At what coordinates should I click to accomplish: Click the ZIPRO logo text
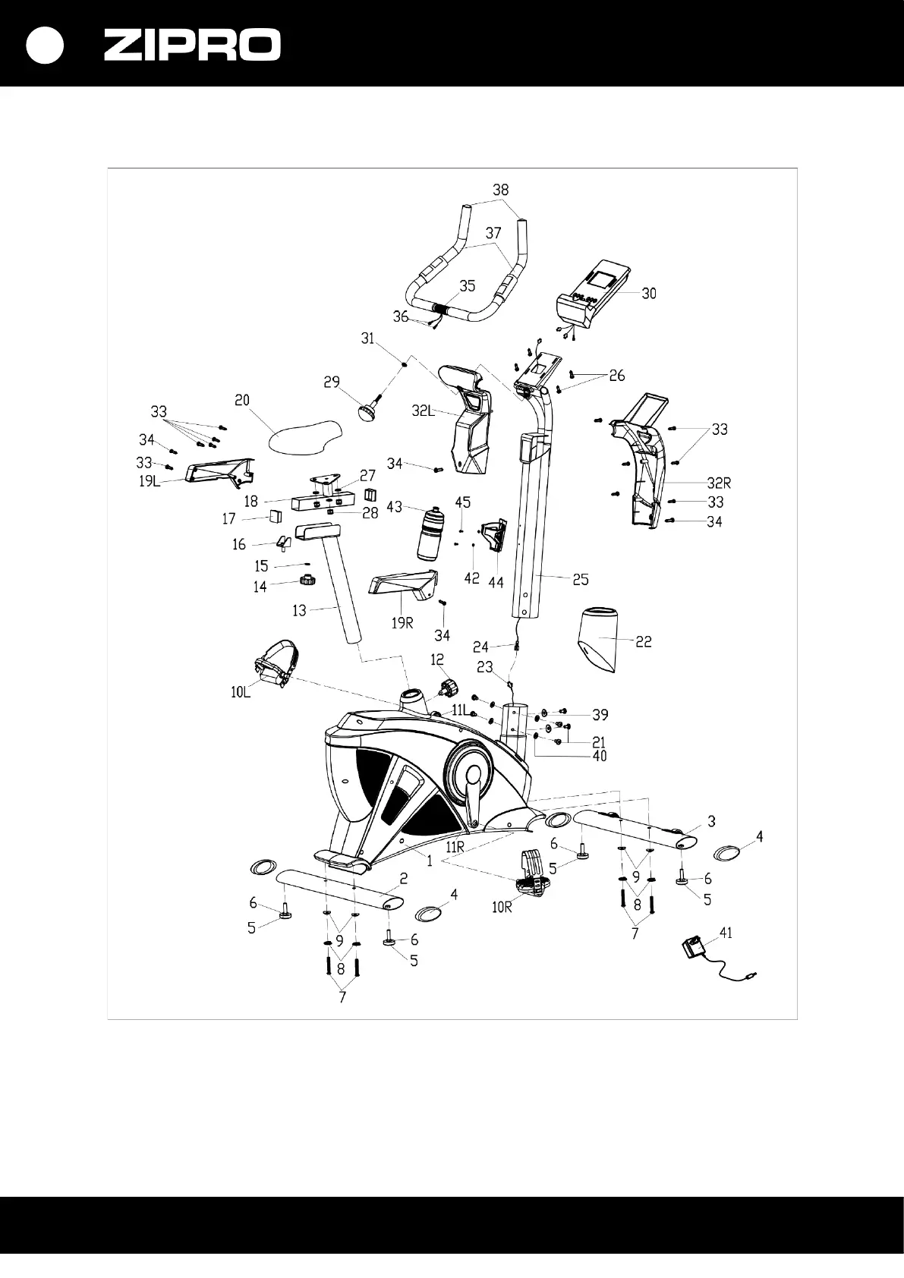coord(192,46)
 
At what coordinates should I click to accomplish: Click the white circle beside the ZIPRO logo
coord(44,46)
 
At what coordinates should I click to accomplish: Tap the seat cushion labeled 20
coord(305,435)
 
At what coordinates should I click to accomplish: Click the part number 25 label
coord(580,580)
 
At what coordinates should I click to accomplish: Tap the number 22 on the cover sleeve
coord(643,641)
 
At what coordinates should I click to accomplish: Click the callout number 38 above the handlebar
coord(500,190)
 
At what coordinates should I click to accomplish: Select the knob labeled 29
coord(369,413)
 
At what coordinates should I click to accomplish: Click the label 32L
coord(423,411)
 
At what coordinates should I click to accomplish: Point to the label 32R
coord(718,483)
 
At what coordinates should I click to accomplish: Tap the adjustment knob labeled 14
coord(307,581)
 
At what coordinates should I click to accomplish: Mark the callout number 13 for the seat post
coord(299,610)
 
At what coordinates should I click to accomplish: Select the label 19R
coord(402,623)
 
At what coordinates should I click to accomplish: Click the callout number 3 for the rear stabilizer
coord(711,820)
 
